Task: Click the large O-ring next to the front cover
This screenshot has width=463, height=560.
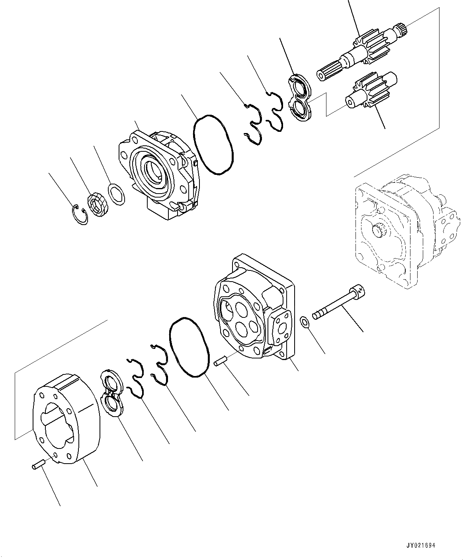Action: tap(213, 145)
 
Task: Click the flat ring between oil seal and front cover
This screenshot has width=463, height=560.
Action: tap(117, 194)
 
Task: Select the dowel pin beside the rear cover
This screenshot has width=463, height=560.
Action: tap(220, 362)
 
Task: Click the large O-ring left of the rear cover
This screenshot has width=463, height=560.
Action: tap(189, 347)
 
